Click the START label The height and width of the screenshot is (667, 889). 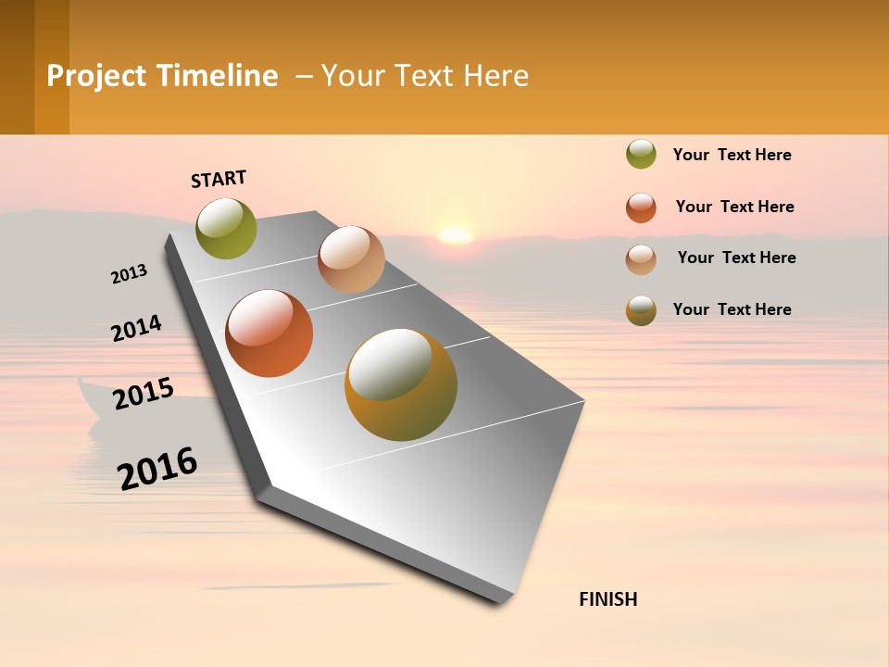[x=219, y=179]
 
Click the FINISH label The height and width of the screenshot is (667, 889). [x=607, y=599]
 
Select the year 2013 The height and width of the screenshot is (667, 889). [x=129, y=274]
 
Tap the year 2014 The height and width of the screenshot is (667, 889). [x=136, y=329]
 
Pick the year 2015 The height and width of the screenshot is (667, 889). [x=144, y=394]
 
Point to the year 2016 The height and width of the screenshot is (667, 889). [x=157, y=468]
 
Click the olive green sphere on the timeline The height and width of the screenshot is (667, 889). [x=226, y=228]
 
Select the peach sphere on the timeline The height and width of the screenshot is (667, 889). [x=351, y=259]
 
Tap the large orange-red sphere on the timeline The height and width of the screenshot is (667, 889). [x=269, y=333]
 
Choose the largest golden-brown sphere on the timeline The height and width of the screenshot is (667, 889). [x=401, y=384]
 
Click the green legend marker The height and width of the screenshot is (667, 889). [x=641, y=155]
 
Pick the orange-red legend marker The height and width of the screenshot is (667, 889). [x=641, y=208]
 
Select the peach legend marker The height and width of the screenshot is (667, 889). [x=641, y=259]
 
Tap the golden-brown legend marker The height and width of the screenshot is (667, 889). [x=641, y=310]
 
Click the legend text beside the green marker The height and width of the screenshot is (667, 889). [x=732, y=155]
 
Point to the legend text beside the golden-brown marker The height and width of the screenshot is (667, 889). [x=732, y=309]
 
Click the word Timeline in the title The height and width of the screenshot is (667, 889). [x=217, y=76]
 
